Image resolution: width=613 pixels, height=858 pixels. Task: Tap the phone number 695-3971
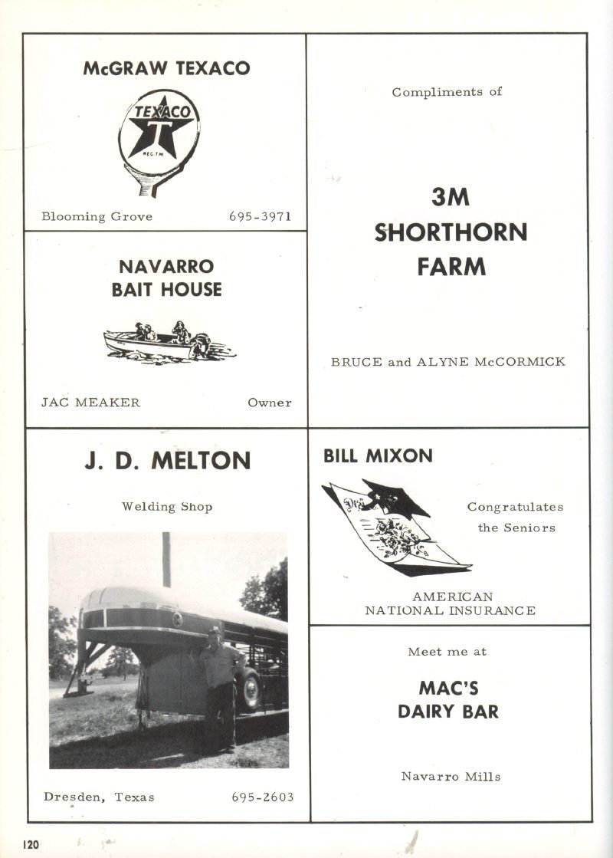260,216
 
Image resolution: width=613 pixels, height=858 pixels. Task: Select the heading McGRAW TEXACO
166,68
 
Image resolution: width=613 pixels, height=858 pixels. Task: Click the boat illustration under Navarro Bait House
169,342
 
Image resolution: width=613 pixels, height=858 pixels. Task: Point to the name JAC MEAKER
90,403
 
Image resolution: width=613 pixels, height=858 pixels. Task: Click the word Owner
269,403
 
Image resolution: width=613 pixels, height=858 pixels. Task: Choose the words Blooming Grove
97,216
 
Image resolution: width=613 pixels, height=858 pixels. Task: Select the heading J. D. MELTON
167,461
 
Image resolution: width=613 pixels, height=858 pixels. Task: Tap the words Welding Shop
167,507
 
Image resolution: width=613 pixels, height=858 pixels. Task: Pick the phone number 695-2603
262,797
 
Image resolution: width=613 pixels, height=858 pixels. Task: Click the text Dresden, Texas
99,797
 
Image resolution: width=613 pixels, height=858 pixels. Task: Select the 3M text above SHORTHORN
450,198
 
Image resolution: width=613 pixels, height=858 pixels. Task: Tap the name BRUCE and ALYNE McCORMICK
448,361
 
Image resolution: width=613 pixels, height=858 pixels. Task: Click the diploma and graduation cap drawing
395,528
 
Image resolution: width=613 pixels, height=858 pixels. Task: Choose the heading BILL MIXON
378,456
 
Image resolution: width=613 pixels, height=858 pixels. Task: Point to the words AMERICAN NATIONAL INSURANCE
450,603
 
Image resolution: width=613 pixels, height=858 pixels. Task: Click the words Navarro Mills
451,777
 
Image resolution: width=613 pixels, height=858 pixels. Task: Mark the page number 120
31,844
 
